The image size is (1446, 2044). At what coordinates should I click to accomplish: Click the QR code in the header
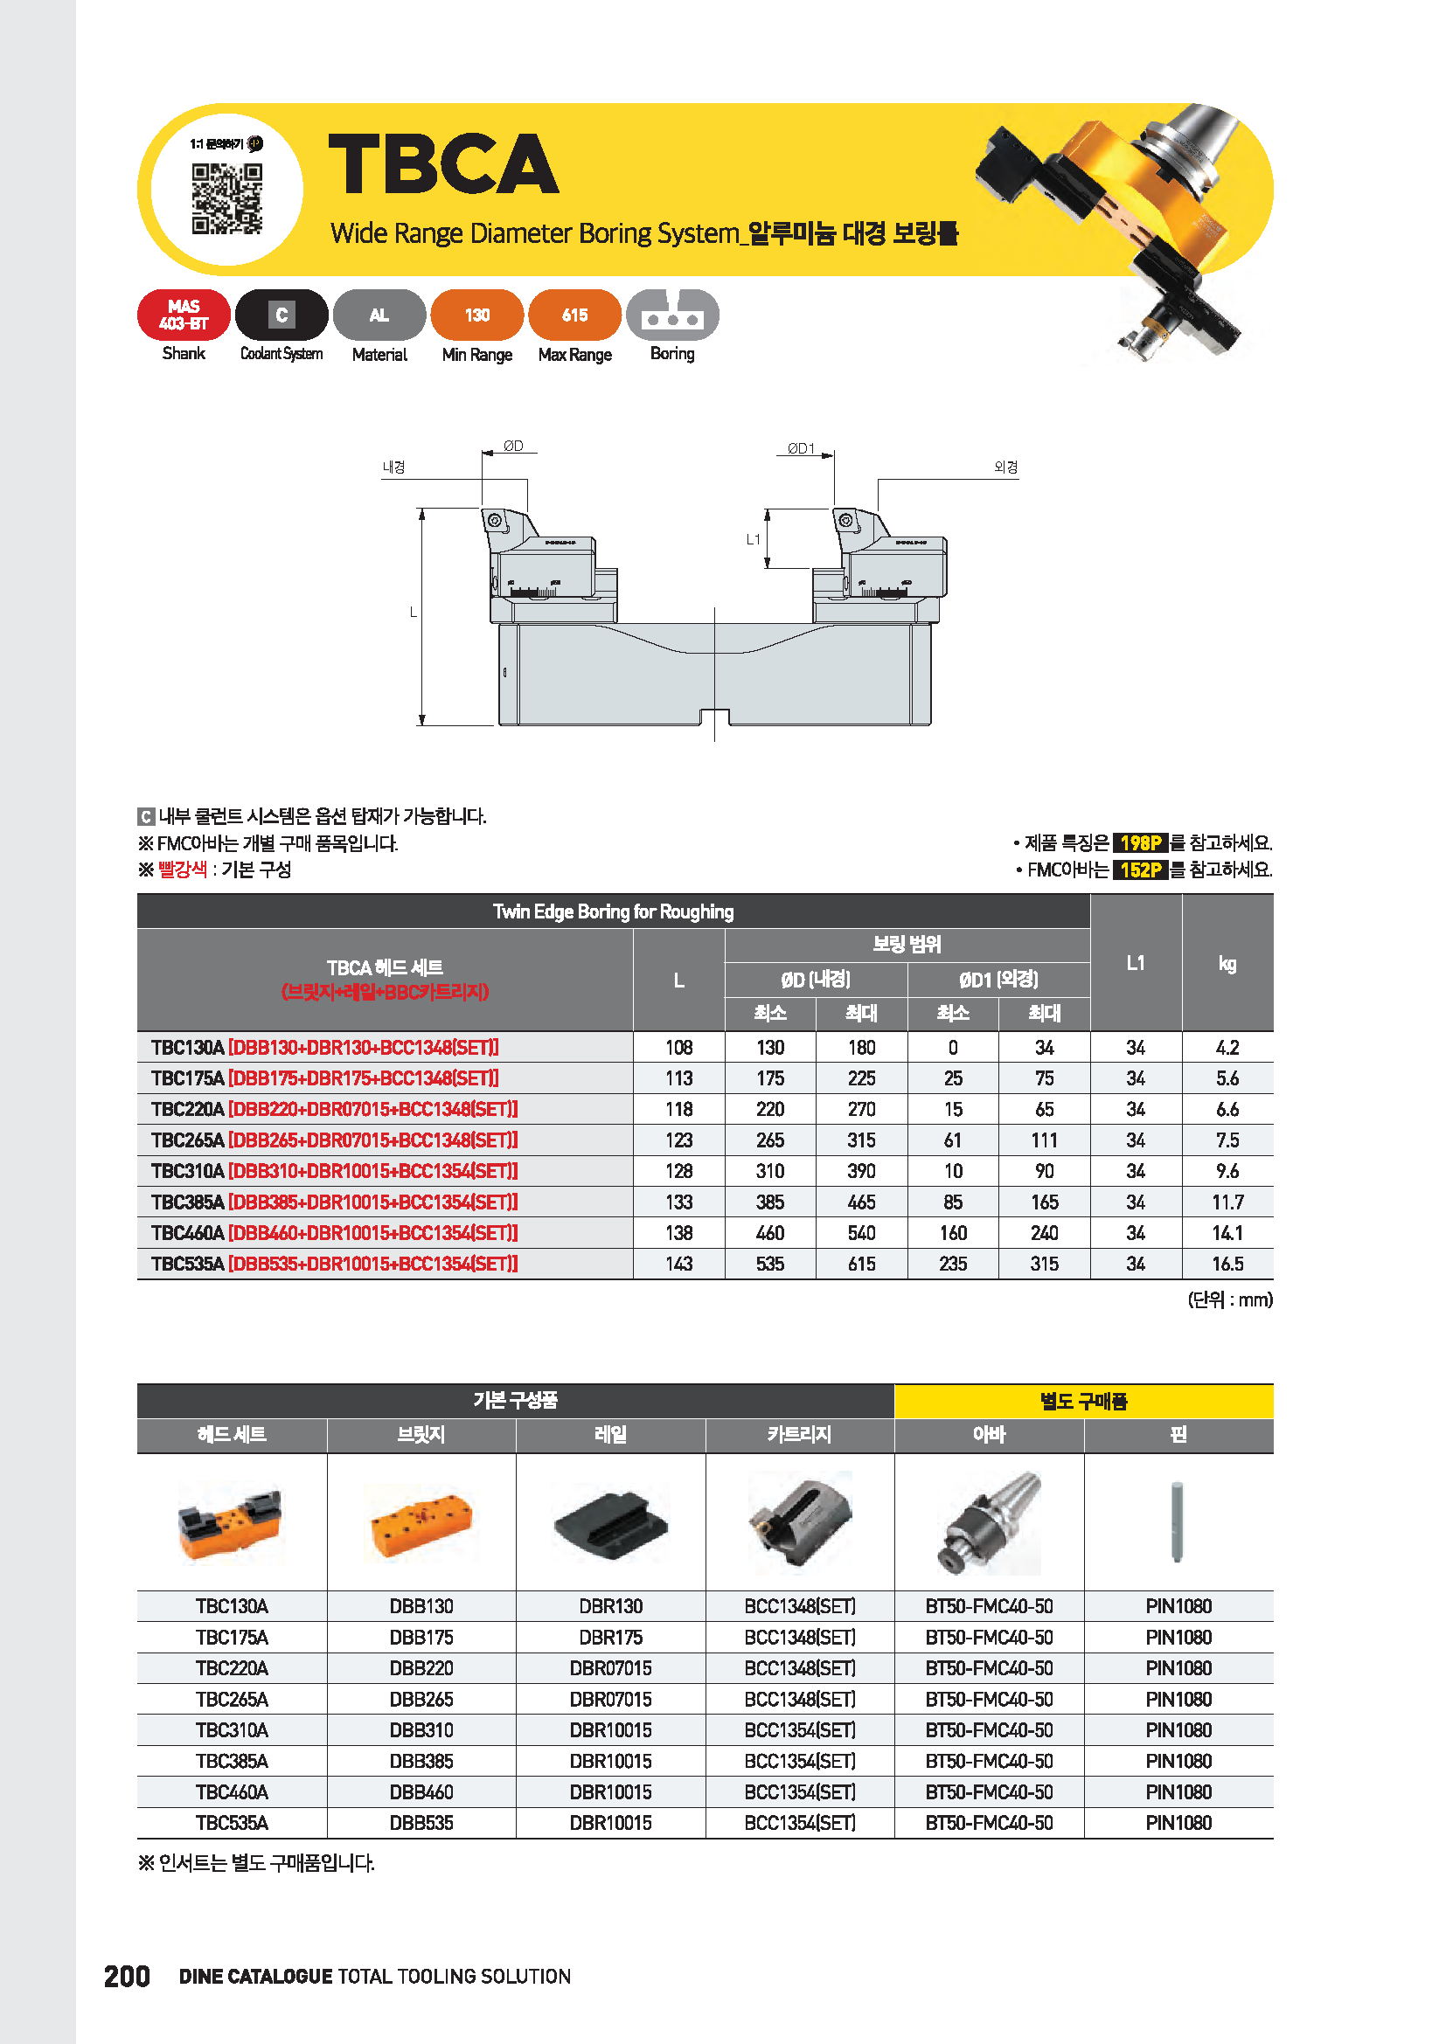coord(227,197)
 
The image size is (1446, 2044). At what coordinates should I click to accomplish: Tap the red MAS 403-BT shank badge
coord(184,315)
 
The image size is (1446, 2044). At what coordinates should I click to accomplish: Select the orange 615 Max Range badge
coord(574,315)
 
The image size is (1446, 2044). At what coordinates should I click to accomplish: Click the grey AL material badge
coord(379,315)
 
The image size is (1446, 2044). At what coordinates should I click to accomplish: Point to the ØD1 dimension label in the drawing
coord(801,448)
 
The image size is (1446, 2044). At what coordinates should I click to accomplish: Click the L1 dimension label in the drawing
coord(754,539)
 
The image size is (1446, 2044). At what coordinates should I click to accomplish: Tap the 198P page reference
coord(1140,843)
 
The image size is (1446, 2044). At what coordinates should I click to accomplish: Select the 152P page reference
coord(1140,870)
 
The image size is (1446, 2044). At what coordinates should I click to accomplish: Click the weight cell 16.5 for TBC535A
coord(1227,1265)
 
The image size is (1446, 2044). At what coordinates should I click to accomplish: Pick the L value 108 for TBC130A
coord(678,1048)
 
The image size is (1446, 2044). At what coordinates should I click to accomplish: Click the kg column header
coord(1227,963)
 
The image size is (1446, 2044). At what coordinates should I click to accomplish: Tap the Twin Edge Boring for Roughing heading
coord(614,911)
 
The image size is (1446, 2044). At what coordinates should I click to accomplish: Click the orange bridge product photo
coord(421,1524)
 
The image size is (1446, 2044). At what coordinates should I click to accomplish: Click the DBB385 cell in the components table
coord(421,1761)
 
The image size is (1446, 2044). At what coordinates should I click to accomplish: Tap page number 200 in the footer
coord(128,1977)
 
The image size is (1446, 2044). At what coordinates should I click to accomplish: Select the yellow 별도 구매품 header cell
coord(1083,1401)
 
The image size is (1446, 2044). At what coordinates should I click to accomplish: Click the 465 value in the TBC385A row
coord(861,1202)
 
